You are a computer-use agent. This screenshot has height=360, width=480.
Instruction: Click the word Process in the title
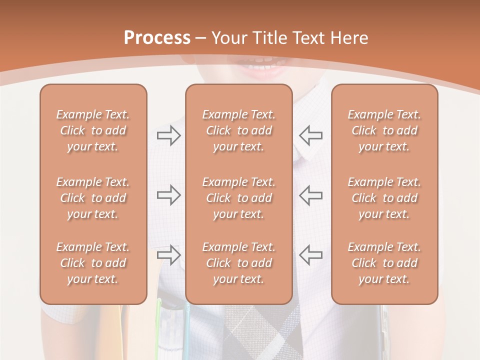tap(157, 38)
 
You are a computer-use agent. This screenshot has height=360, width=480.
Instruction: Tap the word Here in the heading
tap(348, 38)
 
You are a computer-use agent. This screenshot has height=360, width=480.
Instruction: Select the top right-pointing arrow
tap(168, 135)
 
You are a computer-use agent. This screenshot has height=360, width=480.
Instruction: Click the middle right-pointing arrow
tap(168, 195)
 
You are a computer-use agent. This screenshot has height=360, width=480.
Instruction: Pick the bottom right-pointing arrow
tap(168, 255)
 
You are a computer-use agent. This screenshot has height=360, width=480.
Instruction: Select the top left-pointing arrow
tap(311, 135)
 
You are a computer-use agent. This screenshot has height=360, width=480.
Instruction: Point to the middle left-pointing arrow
tap(311, 195)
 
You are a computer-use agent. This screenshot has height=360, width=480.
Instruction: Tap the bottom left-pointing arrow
tap(311, 255)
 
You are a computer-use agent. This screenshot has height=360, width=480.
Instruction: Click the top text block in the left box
tap(93, 130)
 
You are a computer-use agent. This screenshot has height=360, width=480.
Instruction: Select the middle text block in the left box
tap(93, 198)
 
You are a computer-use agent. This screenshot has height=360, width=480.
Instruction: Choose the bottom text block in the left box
tap(93, 263)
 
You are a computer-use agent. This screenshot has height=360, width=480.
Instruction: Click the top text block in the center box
tap(238, 130)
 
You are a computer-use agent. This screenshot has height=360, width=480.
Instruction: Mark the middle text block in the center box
tap(238, 198)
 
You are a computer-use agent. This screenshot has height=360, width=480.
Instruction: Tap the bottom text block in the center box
tap(238, 263)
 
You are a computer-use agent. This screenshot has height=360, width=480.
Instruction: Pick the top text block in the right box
tap(384, 130)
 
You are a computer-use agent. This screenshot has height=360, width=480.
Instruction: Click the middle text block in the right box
tap(384, 198)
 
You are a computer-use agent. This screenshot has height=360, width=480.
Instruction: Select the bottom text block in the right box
tap(384, 263)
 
